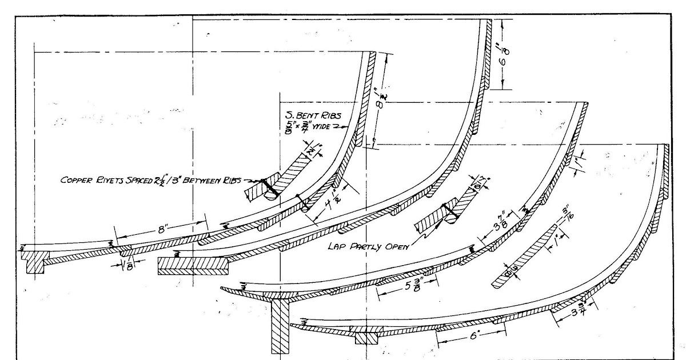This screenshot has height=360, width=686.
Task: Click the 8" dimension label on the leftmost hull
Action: coord(161,230)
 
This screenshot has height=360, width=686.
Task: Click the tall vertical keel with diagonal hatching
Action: coord(279,327)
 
